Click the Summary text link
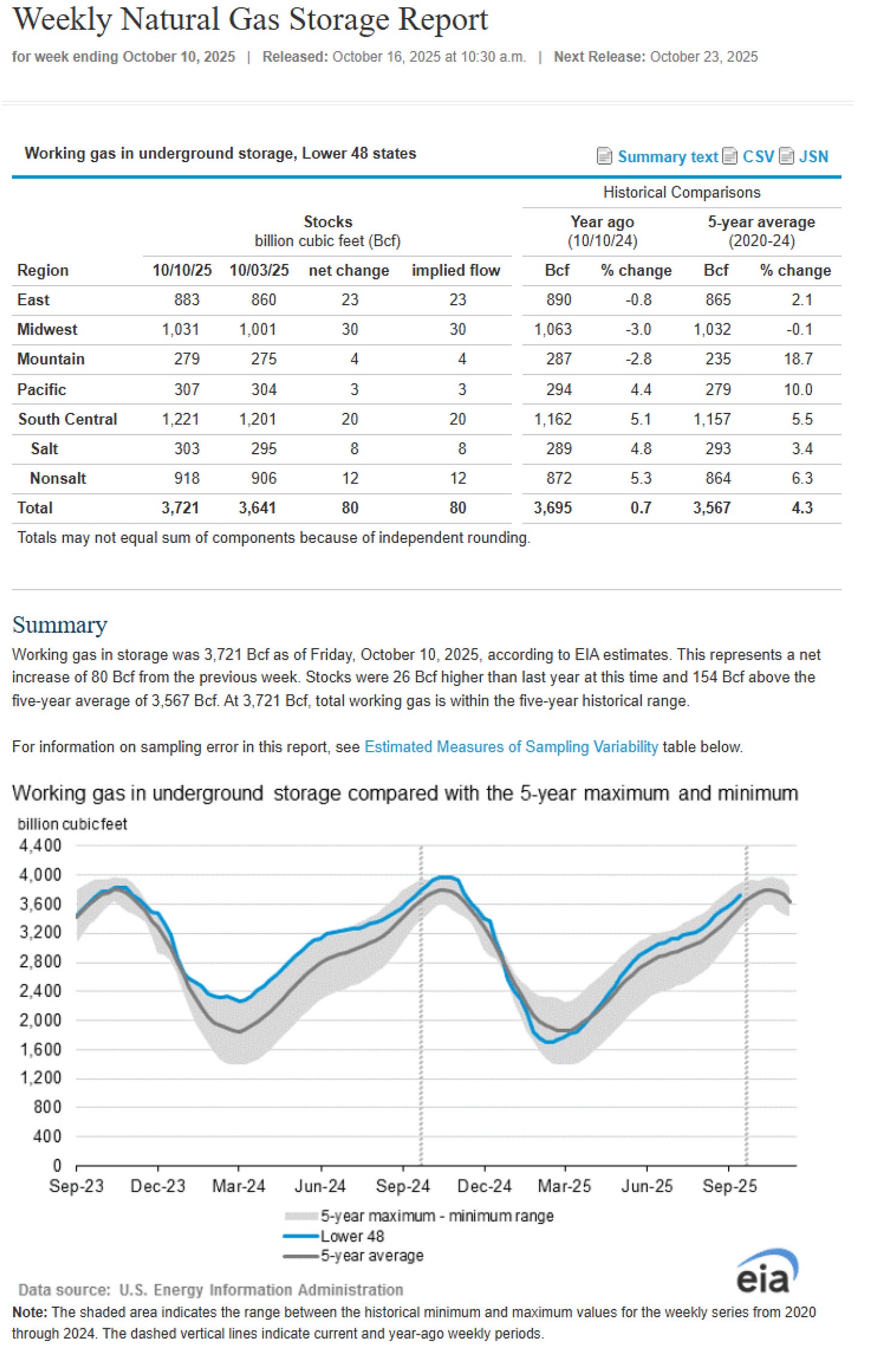667,157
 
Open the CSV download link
758,157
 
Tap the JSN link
814,157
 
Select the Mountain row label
51,359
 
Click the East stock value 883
187,300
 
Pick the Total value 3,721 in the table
180,508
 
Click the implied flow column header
455,271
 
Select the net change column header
349,271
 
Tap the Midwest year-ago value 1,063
553,330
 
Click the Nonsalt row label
58,478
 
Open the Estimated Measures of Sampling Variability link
511,747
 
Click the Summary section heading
60,625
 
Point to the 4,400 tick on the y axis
40,846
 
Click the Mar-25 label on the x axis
564,1186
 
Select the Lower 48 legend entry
352,1236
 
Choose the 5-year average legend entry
371,1256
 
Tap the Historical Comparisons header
681,193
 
